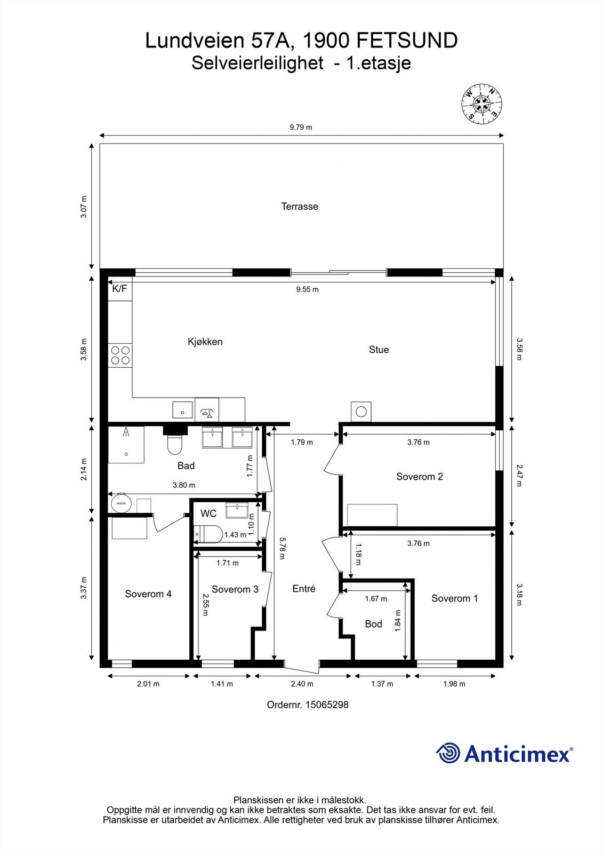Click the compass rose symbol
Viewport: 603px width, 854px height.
pos(481,104)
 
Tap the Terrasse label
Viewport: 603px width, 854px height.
pos(300,207)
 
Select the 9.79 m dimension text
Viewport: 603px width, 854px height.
pos(301,127)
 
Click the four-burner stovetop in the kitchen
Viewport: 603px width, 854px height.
pos(120,355)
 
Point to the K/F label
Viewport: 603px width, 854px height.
pos(119,289)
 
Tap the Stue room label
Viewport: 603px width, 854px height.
pos(379,350)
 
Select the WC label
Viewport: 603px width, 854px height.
pos(208,513)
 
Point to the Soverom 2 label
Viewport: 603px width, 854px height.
pos(420,477)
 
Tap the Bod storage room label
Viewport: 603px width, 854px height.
pos(373,624)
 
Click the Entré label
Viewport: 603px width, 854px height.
pos(304,589)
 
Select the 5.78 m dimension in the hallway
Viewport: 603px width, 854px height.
pos(281,548)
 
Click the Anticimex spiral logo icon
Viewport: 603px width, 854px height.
pos(448,753)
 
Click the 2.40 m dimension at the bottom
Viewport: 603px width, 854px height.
pos(302,684)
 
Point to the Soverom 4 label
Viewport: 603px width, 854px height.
pos(148,594)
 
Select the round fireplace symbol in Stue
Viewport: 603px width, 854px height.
pos(361,412)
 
